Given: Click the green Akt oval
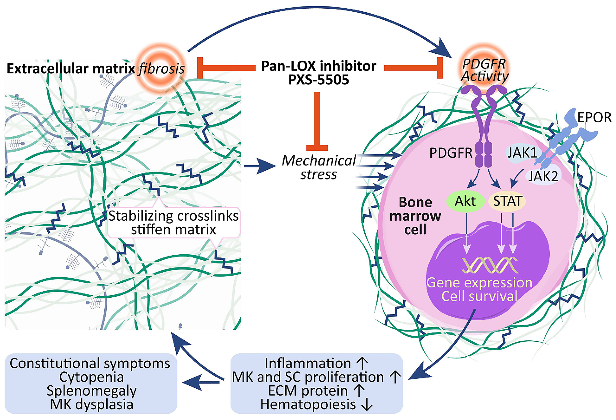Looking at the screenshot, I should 465,201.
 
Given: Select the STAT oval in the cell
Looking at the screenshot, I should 507,201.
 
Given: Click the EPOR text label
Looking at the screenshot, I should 594,118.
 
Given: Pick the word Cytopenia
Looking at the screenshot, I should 92,377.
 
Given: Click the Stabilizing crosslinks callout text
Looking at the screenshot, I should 174,222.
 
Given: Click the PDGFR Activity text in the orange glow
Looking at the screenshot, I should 484,70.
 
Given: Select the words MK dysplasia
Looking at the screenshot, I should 92,404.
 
